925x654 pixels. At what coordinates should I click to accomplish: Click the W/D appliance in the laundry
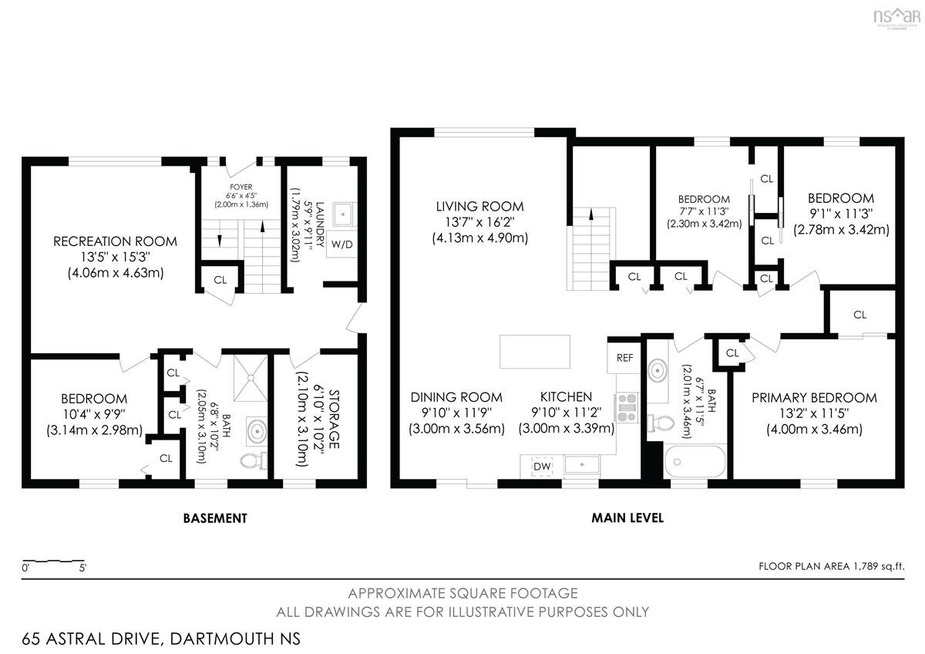(341, 244)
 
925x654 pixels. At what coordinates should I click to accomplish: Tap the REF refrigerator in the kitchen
(624, 358)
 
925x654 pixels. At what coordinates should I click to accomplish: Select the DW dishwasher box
(542, 467)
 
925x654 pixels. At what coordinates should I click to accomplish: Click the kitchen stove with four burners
(627, 408)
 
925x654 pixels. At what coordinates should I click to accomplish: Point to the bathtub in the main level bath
(695, 461)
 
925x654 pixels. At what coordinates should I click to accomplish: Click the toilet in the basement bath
(254, 460)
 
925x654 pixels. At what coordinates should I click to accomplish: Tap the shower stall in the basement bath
(251, 378)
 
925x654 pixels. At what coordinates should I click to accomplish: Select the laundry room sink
(344, 214)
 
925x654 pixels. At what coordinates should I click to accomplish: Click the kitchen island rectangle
(535, 352)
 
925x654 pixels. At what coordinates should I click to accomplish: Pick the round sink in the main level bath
(658, 371)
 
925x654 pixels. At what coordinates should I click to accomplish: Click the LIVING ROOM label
(479, 206)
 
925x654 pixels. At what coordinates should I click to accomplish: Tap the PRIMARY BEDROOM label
(814, 397)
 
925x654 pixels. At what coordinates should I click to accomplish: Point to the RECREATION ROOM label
(115, 241)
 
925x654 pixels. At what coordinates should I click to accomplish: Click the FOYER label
(241, 187)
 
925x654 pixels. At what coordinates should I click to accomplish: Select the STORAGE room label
(334, 419)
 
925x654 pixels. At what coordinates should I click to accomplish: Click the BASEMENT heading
(215, 518)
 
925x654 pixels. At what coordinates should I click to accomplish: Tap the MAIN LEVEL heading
(627, 517)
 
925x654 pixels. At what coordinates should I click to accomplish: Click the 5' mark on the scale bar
(82, 568)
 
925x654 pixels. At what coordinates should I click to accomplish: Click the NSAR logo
(897, 17)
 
